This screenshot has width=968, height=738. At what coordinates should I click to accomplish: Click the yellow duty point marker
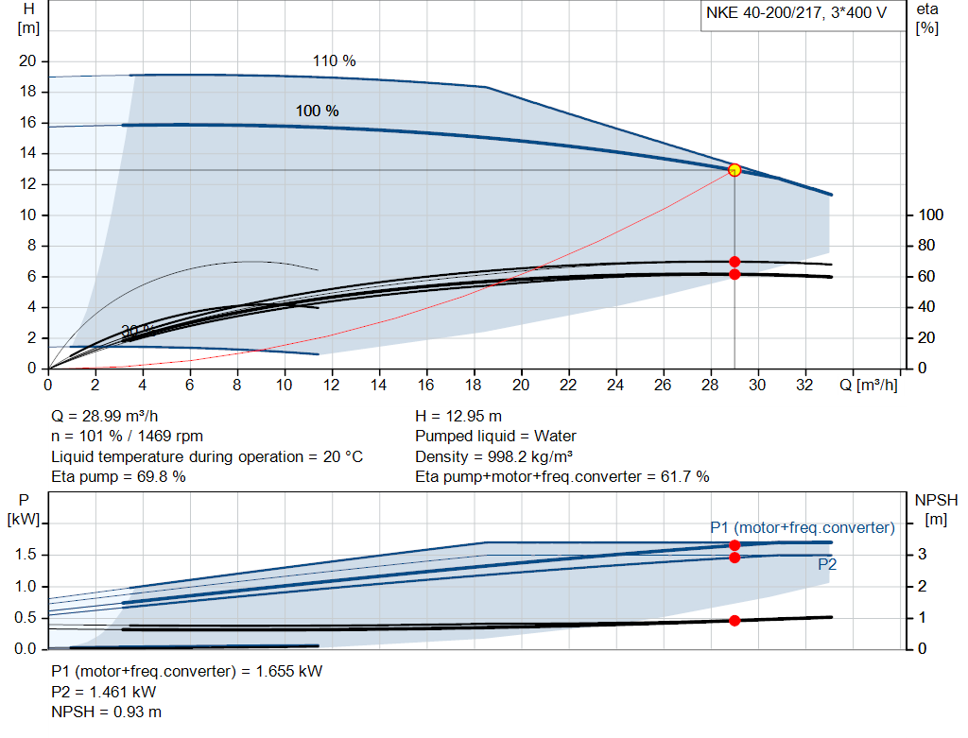[735, 170]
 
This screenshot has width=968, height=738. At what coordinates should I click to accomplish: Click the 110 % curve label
[334, 61]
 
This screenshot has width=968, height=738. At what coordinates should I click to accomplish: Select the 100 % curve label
[317, 112]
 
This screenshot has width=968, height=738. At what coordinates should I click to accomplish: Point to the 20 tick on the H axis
[27, 61]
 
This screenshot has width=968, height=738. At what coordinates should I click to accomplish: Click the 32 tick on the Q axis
[805, 386]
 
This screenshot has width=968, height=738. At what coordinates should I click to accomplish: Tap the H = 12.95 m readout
[458, 416]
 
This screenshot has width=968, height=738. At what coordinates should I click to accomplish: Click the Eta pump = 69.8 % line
[118, 476]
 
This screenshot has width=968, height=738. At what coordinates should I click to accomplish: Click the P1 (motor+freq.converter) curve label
[802, 527]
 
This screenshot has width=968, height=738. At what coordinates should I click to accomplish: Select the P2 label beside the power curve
[827, 564]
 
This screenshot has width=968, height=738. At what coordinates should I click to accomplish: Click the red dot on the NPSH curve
[735, 621]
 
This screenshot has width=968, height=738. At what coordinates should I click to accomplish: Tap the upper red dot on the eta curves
[735, 262]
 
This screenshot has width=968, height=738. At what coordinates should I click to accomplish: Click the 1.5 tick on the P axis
[26, 555]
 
